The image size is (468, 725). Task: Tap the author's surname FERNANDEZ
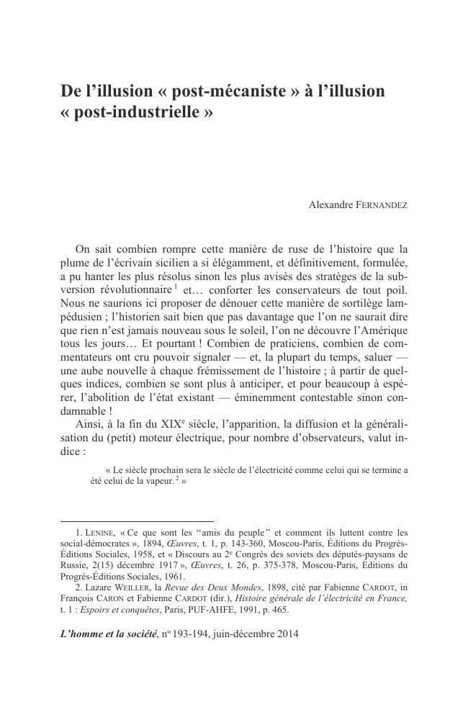click(x=382, y=205)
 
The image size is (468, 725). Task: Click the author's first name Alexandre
click(x=330, y=205)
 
